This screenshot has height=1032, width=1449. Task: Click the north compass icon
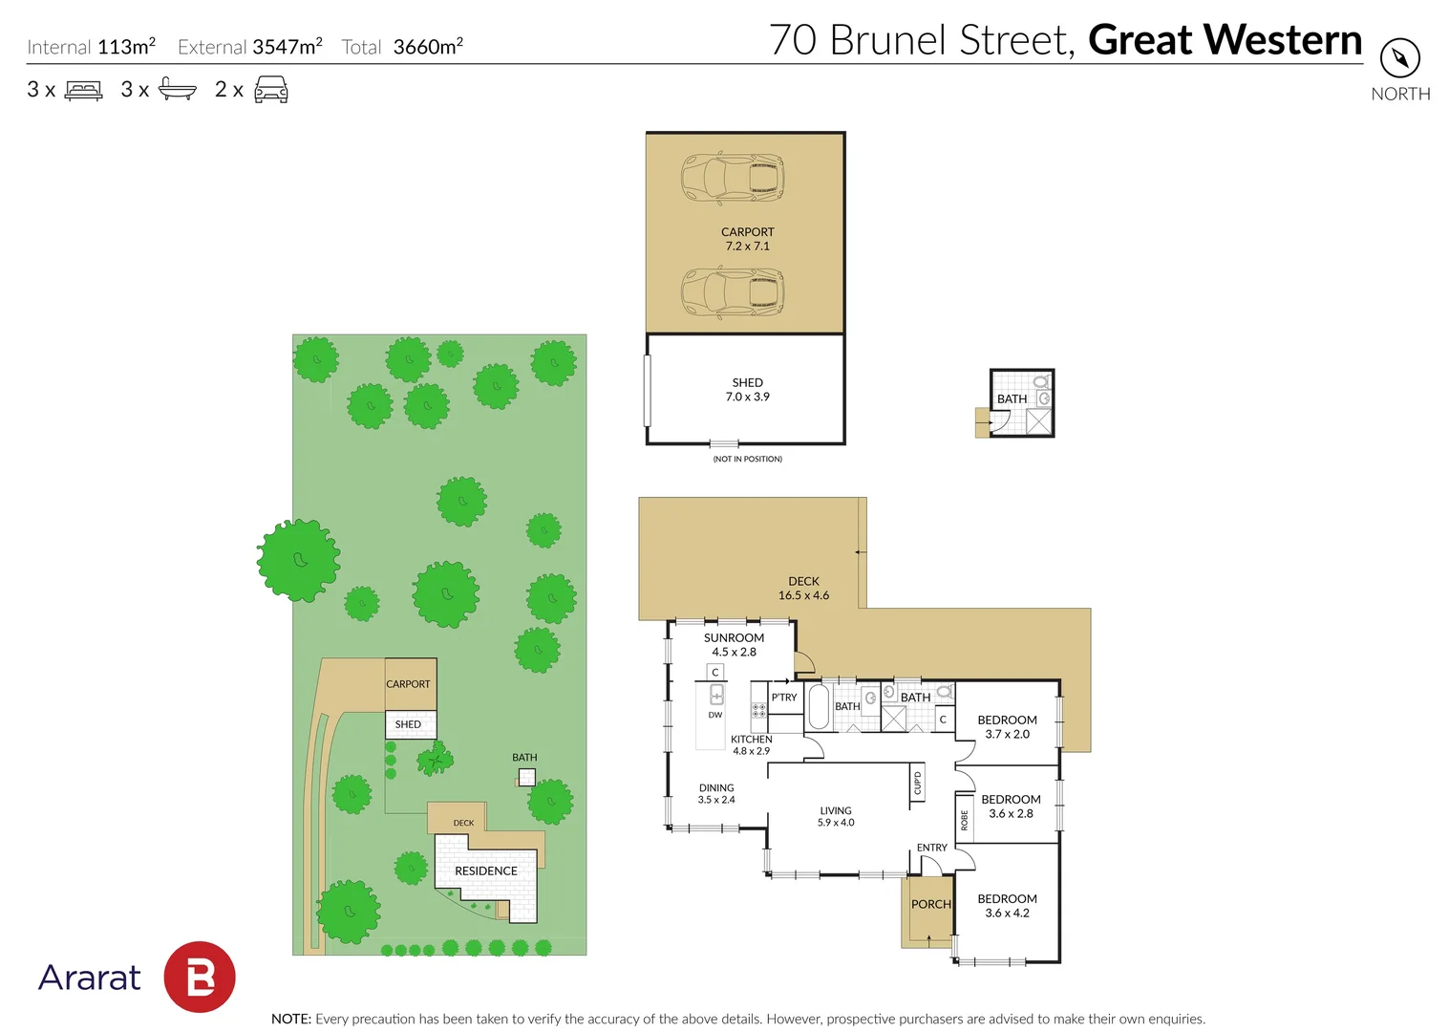click(1399, 59)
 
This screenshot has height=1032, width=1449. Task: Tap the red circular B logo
click(200, 977)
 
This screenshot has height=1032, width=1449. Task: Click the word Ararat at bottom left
click(89, 978)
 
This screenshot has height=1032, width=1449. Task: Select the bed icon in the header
click(83, 91)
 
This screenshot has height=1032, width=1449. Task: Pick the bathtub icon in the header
click(177, 90)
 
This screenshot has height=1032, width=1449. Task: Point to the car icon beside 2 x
click(271, 91)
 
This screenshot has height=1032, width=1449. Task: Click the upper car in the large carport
click(733, 178)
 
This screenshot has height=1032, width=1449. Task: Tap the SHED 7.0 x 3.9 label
click(747, 390)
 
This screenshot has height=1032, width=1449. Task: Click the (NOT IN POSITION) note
click(747, 459)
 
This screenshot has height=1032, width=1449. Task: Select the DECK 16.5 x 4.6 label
click(803, 589)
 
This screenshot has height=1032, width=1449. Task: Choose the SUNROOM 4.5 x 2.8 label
click(734, 645)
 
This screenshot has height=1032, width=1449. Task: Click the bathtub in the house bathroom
click(819, 707)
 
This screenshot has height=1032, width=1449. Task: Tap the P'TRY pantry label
click(784, 698)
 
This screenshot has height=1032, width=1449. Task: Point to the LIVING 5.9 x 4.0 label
click(835, 816)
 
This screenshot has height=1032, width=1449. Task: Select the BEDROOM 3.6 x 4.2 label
click(1007, 906)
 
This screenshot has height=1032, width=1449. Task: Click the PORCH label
click(930, 904)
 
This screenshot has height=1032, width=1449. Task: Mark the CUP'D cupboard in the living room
click(918, 784)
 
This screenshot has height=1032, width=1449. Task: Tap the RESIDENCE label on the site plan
click(485, 871)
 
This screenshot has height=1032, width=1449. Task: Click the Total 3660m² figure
click(402, 47)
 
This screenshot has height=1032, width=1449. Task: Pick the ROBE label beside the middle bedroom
click(965, 820)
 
